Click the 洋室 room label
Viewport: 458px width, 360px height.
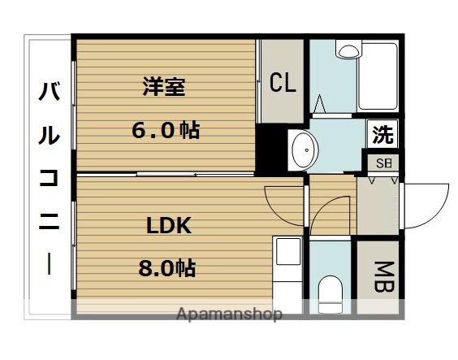[x=164, y=86]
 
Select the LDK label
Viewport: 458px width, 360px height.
[x=169, y=225]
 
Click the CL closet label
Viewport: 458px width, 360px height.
[x=283, y=83]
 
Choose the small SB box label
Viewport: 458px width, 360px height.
[x=382, y=163]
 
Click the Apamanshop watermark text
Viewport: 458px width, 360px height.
[x=231, y=314]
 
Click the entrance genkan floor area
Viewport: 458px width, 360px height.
[x=378, y=207]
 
